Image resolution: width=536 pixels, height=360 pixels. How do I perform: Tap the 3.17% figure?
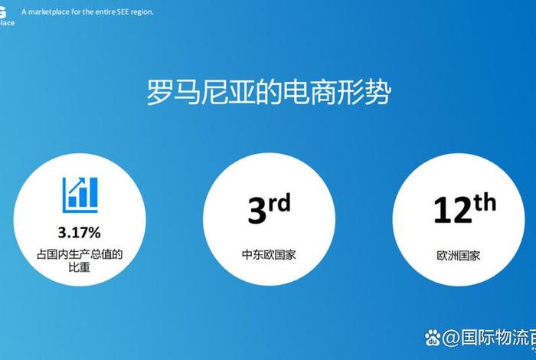tap(79, 231)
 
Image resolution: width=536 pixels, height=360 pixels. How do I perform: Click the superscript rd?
tap(281, 202)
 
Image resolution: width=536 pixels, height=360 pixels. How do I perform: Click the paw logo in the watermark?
tap(433, 336)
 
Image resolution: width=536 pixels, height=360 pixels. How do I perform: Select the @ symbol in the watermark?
tap(451, 337)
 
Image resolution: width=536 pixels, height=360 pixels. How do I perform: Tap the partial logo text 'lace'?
tap(6, 22)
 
